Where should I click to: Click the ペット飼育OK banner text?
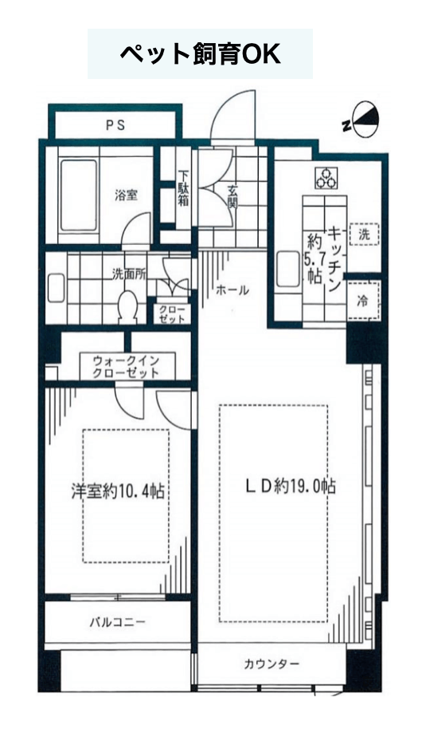(200, 54)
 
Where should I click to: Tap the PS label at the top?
(115, 125)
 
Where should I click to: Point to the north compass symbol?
(362, 119)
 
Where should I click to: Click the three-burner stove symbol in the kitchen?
(326, 178)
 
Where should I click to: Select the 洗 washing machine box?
(364, 234)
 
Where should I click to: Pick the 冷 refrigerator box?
(364, 301)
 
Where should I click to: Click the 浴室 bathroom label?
(127, 195)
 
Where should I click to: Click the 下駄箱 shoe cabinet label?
(184, 188)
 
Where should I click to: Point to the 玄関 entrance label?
(232, 196)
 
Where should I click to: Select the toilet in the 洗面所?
(128, 306)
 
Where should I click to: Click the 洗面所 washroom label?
(129, 274)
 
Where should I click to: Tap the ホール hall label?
(232, 290)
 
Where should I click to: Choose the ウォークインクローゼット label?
(127, 367)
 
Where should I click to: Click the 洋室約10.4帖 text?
(118, 492)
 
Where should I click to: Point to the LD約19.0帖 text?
(290, 487)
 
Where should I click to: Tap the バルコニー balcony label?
(118, 621)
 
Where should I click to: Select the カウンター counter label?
(272, 664)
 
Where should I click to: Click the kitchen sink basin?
(288, 270)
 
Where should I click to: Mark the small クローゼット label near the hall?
(172, 314)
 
